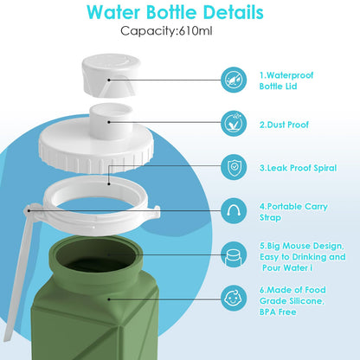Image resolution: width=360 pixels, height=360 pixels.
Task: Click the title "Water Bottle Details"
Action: point(175,13)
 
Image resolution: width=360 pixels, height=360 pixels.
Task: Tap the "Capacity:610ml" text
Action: point(166,31)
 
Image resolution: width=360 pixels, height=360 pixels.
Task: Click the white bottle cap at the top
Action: point(111,74)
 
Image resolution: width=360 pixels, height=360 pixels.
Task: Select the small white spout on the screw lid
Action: point(111,119)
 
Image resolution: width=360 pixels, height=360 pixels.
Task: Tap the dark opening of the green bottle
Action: point(96,255)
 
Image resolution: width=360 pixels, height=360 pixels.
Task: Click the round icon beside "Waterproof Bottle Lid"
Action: point(234,80)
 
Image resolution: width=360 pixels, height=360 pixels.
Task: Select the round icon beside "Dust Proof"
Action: point(234,124)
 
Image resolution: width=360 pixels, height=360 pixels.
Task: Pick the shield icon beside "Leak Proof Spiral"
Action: point(234,167)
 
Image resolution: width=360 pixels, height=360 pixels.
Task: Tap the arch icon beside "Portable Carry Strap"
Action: point(234,211)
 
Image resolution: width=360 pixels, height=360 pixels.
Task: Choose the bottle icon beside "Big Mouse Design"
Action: point(234,254)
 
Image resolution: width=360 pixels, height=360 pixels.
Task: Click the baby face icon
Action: point(234,299)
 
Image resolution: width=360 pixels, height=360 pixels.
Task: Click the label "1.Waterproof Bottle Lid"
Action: point(286,80)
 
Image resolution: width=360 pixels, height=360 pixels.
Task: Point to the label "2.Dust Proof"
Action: point(284,125)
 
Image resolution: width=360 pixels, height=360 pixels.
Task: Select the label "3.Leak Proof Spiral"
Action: point(298,168)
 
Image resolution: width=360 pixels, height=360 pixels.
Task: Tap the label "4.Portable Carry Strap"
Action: point(293,212)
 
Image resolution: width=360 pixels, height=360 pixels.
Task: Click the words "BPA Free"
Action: point(278,312)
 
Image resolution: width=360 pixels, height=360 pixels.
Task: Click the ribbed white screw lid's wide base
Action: point(96,149)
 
